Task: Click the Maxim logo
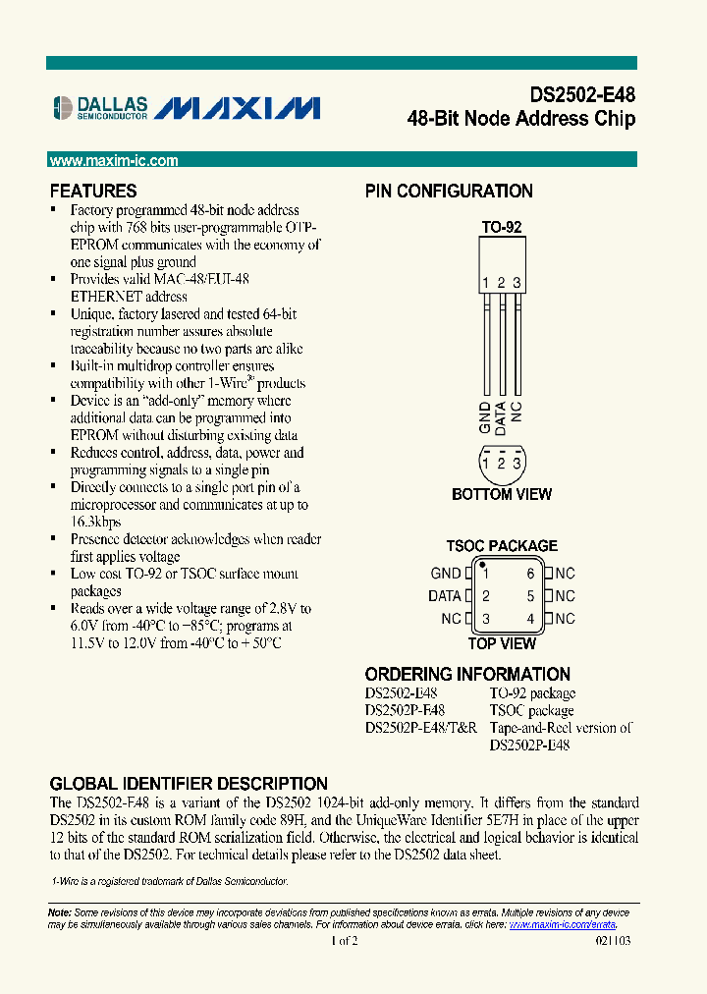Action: tap(239, 107)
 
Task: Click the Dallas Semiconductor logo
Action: tap(99, 107)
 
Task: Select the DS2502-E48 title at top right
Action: tap(582, 95)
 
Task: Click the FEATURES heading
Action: tap(93, 192)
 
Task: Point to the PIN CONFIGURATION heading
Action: tap(449, 192)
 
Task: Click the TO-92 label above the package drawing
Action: tap(501, 227)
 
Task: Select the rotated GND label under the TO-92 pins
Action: tap(485, 417)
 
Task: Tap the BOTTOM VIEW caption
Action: tap(501, 494)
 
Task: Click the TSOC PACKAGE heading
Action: tap(502, 546)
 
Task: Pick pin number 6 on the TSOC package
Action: tap(530, 574)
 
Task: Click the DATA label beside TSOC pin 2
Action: tap(445, 596)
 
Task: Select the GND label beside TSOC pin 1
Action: tap(446, 574)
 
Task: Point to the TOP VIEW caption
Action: tap(502, 643)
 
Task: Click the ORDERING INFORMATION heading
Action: tap(467, 674)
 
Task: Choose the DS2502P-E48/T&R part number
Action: tap(421, 728)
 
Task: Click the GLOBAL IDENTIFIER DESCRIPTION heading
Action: tap(189, 784)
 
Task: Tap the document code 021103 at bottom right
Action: tap(613, 941)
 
